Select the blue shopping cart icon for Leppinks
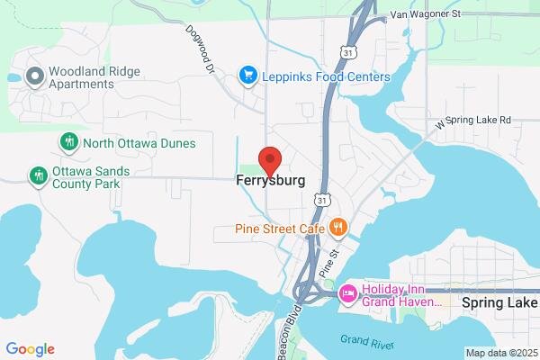[x=246, y=76]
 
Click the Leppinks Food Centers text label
[x=326, y=76]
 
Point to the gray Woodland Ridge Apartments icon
[x=34, y=76]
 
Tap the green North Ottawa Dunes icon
[x=67, y=142]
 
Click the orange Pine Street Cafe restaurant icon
[x=337, y=227]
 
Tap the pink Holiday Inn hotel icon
[x=346, y=293]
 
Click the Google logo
[x=30, y=349]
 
